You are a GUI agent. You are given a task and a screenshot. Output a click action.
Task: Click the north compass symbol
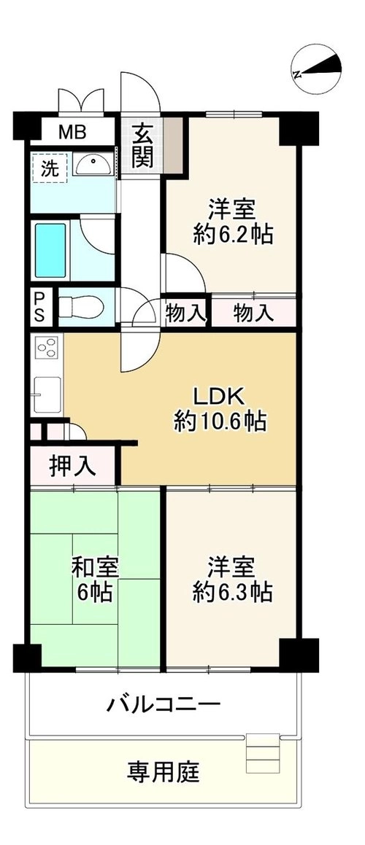point(316,69)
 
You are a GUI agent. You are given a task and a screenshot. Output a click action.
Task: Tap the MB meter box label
point(72,132)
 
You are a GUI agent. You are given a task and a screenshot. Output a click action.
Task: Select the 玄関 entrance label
point(142,146)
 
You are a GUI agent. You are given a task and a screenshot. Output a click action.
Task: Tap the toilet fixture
point(81,306)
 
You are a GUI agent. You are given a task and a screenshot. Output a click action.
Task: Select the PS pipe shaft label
point(40,307)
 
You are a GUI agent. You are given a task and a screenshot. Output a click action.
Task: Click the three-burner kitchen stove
point(47,346)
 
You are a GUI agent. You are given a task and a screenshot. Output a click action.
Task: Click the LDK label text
point(220,397)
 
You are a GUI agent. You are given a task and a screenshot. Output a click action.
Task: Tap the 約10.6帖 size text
point(220,421)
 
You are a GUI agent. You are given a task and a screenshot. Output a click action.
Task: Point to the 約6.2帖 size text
point(233,234)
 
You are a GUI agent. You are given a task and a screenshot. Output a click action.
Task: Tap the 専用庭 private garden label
point(163,771)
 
